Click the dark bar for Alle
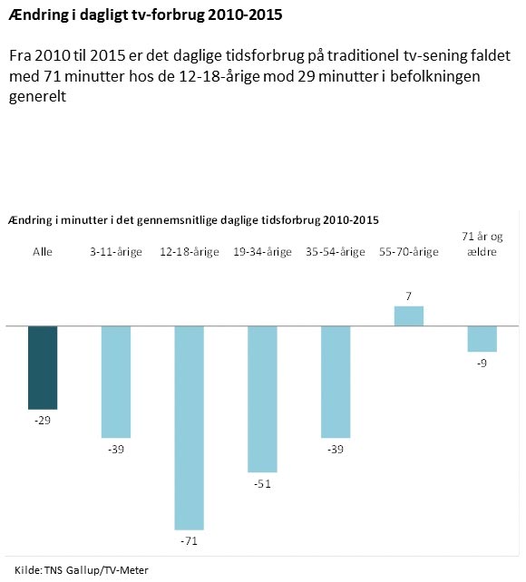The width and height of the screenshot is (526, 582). tap(43, 366)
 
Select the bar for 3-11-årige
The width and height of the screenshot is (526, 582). tap(116, 381)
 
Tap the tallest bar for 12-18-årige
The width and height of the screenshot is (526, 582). tap(190, 426)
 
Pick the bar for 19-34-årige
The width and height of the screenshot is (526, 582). tap(262, 398)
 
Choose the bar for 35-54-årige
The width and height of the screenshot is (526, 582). tap(336, 381)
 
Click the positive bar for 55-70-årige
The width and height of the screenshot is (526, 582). tap(408, 315)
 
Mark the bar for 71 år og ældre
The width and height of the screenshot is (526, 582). tap(482, 338)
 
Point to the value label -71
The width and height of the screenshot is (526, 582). tap(190, 541)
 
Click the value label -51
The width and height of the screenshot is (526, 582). tap(262, 484)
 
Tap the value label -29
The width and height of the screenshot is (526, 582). tap(43, 421)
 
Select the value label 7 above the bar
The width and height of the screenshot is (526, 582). tap(408, 296)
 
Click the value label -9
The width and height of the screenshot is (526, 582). tap(482, 364)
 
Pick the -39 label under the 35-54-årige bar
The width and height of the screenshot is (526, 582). tap(336, 450)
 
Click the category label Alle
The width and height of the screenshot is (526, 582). tap(43, 252)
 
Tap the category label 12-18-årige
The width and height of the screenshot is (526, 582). tap(190, 252)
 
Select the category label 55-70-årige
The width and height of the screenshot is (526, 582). tap(408, 252)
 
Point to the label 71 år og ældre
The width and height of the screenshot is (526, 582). tap(482, 245)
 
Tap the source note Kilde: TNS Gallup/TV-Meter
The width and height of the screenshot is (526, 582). tap(81, 569)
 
